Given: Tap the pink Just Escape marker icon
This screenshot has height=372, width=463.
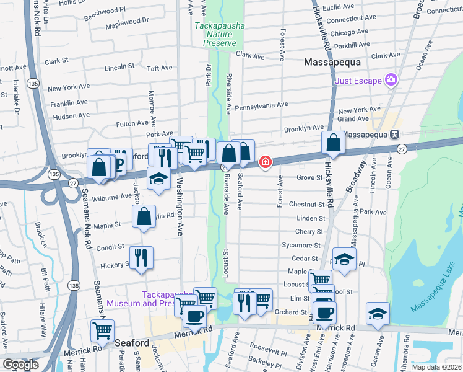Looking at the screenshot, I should [x=391, y=79].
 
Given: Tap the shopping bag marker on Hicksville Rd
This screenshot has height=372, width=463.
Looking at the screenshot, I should [x=334, y=143].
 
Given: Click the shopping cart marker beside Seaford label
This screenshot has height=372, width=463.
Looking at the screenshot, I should [x=103, y=330].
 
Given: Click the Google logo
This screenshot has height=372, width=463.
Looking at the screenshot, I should [x=20, y=365].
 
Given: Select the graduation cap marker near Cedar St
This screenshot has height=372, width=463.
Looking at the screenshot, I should [x=344, y=259].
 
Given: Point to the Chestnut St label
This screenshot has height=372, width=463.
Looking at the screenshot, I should [x=307, y=205].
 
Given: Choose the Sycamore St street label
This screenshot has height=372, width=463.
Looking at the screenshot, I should [x=300, y=246].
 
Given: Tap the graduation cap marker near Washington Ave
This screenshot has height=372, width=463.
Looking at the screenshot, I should [x=158, y=179].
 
